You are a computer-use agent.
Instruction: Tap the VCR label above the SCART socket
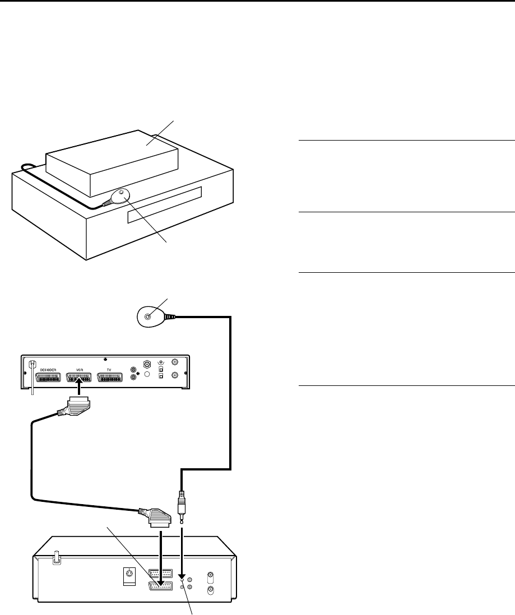tap(79, 370)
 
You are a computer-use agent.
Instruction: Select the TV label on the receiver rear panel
tap(110, 370)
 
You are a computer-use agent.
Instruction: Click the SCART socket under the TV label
tap(110, 378)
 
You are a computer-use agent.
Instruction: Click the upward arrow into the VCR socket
tap(80, 387)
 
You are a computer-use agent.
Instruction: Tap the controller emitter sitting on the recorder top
tap(120, 196)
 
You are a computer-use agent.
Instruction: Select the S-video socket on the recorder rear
tap(129, 573)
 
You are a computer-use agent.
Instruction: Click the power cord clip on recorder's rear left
tap(55, 558)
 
